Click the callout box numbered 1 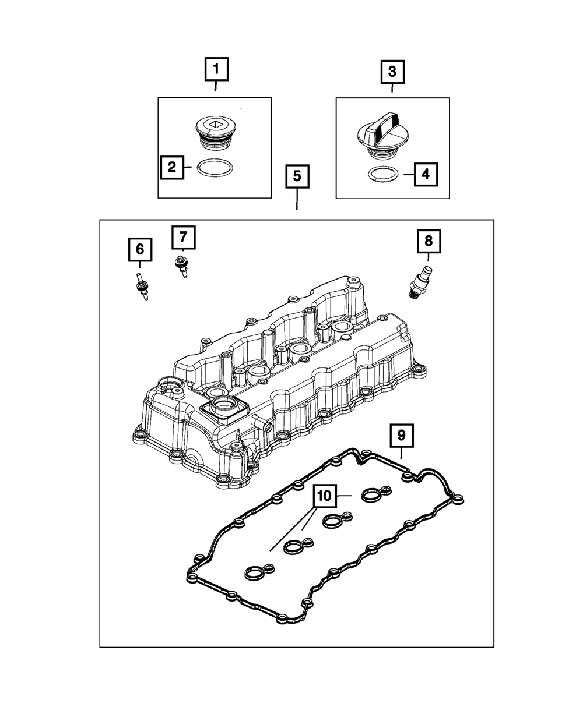coord(216,70)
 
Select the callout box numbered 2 coord(172,168)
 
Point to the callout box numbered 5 coord(297,177)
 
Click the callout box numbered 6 coord(140,250)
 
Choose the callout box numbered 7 coord(183,237)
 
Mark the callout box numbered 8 coord(429,240)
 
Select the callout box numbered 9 coord(401,434)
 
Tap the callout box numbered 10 coord(324,496)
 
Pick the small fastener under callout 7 coord(182,267)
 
